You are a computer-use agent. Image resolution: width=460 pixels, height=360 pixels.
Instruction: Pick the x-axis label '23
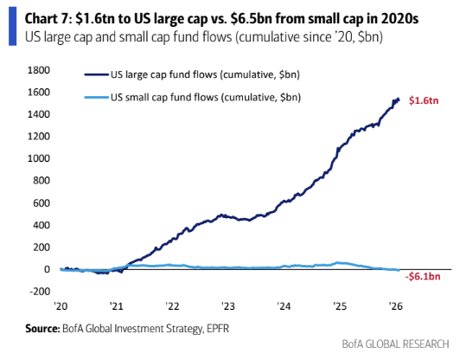pyautogui.click(x=227, y=306)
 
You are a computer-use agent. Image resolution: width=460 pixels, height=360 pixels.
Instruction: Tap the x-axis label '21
pyautogui.click(x=116, y=306)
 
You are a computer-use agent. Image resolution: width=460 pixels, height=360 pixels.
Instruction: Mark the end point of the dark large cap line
pyautogui.click(x=399, y=100)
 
